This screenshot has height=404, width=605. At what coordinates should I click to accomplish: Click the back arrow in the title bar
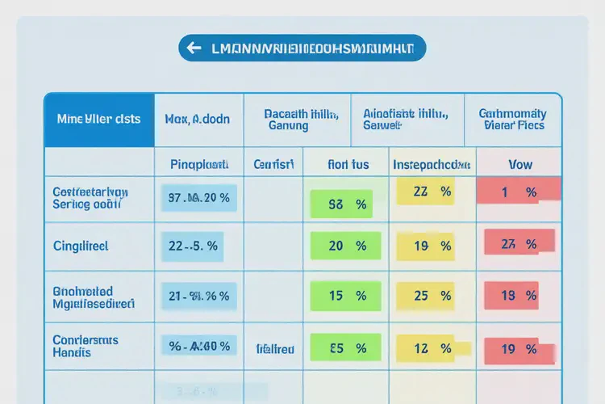point(194,48)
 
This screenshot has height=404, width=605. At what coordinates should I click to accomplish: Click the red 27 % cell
point(518,243)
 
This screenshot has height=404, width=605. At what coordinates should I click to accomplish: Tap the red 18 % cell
point(518,297)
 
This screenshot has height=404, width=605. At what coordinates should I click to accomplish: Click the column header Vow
point(520,164)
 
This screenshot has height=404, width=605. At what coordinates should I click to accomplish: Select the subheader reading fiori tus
point(348,164)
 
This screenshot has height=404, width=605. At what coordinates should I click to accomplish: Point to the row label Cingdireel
point(80,245)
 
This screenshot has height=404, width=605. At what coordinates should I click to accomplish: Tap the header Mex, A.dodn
point(197,119)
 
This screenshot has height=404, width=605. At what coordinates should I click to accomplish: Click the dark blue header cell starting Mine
point(98,119)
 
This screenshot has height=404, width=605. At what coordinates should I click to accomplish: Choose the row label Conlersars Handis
point(84,347)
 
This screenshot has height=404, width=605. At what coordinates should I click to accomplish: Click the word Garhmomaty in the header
point(512,113)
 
